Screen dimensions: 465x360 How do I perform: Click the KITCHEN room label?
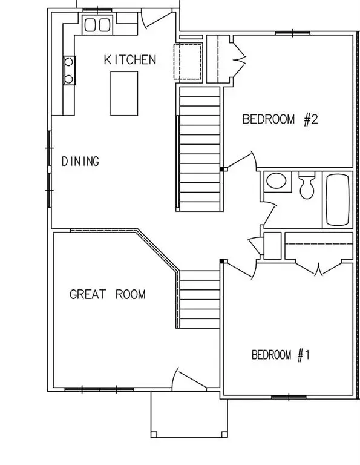coord(130,59)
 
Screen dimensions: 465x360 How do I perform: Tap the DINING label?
coord(80,161)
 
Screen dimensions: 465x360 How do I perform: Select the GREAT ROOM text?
coord(108,295)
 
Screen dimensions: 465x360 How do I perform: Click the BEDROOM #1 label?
coord(281,355)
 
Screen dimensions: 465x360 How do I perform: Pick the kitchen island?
coord(123,93)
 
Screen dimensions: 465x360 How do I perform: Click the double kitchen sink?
coord(97,25)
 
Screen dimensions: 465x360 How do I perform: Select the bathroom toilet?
coord(307,184)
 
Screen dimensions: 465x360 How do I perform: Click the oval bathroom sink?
coord(277,182)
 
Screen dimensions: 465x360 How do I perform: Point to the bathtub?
coord(338,198)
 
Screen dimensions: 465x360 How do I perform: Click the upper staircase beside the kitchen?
coord(199,148)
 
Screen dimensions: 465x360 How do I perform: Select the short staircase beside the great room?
coord(199,299)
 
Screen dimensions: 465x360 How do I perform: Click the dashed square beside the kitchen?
coord(188,61)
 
